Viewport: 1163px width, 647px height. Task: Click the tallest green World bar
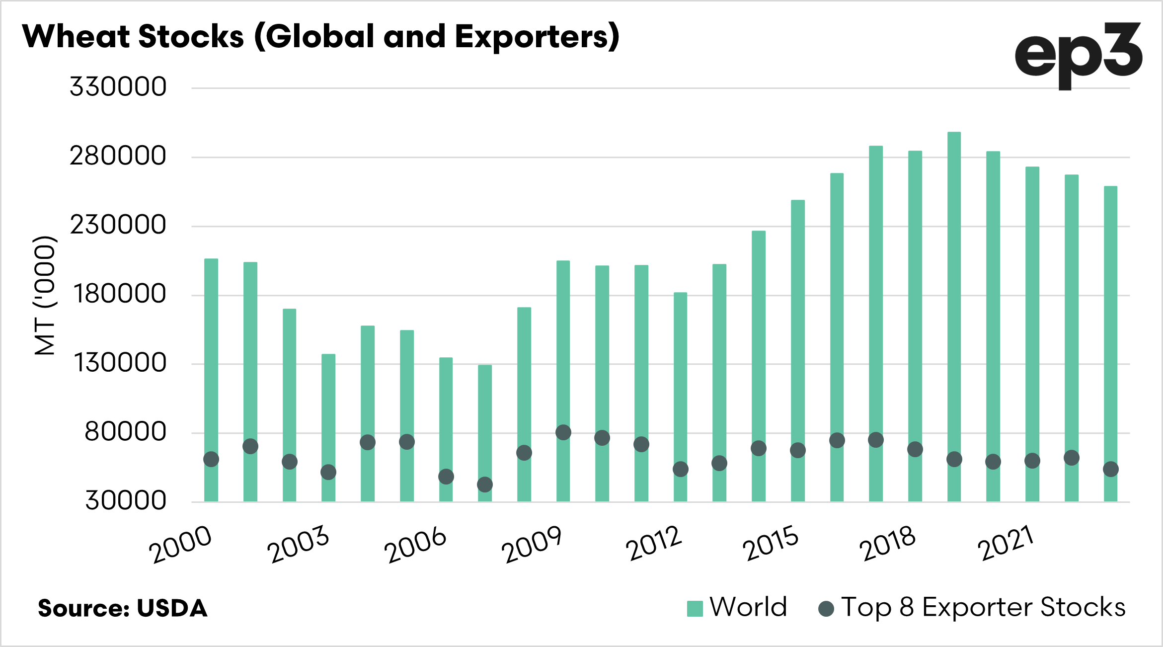pyautogui.click(x=954, y=318)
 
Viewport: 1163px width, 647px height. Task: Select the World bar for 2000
pyautogui.click(x=211, y=348)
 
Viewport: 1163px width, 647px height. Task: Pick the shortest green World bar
pyautogui.click(x=485, y=422)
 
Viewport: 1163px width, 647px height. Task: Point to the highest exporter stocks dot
pyautogui.click(x=563, y=432)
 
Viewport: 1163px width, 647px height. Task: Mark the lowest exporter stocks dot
pyautogui.click(x=485, y=485)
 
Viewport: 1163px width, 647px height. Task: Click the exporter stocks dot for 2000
pyautogui.click(x=211, y=459)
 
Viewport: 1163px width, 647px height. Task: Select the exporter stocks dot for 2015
pyautogui.click(x=797, y=451)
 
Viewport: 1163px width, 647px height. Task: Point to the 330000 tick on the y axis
pyautogui.click(x=118, y=87)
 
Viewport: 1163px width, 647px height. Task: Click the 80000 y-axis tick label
pyautogui.click(x=125, y=432)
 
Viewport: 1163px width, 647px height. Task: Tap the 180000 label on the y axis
pyautogui.click(x=119, y=294)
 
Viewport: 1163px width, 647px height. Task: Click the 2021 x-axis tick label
pyautogui.click(x=1006, y=543)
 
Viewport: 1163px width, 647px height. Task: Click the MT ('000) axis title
pyautogui.click(x=45, y=295)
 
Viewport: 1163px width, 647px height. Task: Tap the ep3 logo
pyautogui.click(x=1078, y=55)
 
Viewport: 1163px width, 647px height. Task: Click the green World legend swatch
pyautogui.click(x=695, y=608)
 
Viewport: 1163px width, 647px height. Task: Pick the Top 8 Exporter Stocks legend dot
pyautogui.click(x=826, y=609)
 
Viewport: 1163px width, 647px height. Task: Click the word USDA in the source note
pyautogui.click(x=172, y=609)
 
